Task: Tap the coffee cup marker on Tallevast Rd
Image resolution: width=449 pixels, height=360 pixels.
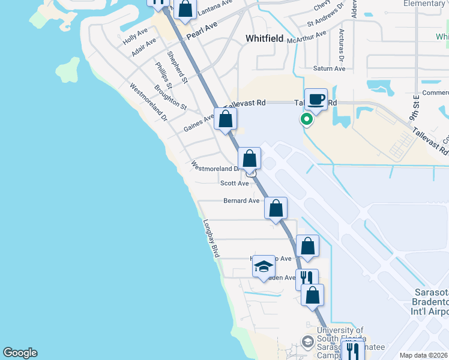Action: pos(316,100)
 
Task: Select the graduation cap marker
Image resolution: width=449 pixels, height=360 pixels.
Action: pos(264,266)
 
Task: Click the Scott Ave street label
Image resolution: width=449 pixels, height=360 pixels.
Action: pos(234,183)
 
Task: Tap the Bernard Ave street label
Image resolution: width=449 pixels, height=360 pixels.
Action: pos(241,200)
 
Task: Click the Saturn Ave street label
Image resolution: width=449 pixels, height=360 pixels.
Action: pos(330,68)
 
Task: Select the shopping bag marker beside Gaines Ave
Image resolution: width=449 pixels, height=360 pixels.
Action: pos(226,119)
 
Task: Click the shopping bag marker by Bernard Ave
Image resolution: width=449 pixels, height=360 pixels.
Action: pos(276,209)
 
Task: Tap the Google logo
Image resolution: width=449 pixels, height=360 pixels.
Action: pos(20,353)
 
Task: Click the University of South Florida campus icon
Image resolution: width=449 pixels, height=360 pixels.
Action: pos(308,341)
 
